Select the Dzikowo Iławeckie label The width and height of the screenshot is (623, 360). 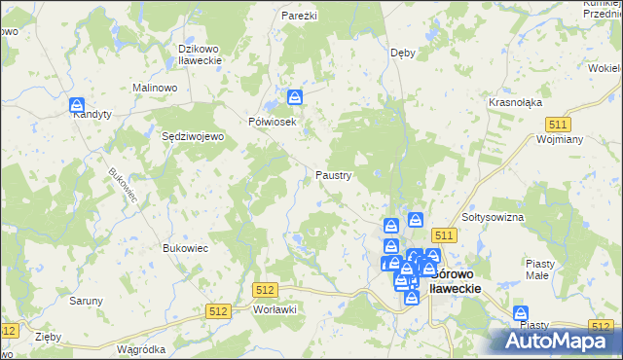pos(202,54)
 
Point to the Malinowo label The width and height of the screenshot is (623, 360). pos(154,88)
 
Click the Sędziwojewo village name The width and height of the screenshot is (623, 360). pos(193,137)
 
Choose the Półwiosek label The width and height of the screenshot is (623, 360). pos(272,122)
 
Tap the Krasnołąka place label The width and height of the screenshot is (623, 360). pos(515,102)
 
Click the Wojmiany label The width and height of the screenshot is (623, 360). pos(559,139)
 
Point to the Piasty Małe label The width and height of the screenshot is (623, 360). pos(539,269)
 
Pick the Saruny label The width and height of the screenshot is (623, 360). pos(86,301)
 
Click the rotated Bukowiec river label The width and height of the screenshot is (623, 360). pos(124,186)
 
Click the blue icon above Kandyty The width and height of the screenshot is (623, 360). pos(77,103)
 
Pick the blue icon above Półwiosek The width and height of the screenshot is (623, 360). pos(295,96)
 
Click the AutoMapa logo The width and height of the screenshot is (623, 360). pos(554,340)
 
